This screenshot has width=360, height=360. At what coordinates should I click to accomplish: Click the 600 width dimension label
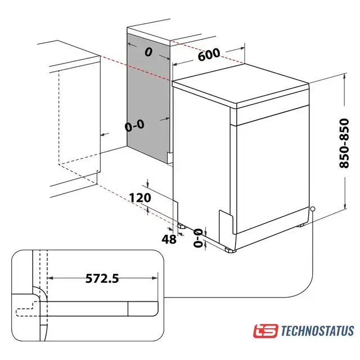pos(209,55)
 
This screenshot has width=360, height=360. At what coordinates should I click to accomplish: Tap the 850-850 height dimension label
pos(344,143)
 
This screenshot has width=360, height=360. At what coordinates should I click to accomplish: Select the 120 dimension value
pos(140,197)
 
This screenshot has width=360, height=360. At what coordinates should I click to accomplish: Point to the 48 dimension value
pos(169,240)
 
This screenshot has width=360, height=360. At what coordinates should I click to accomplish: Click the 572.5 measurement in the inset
pos(102,278)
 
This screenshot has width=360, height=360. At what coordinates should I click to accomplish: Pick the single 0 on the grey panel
pos(148,52)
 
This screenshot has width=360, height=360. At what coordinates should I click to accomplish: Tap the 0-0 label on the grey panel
pos(135,125)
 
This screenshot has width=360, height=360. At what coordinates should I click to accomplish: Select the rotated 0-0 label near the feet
pos(198,238)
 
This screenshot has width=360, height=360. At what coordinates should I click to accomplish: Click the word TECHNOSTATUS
pos(317,331)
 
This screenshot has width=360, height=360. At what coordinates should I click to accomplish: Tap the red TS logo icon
pos(265,331)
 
